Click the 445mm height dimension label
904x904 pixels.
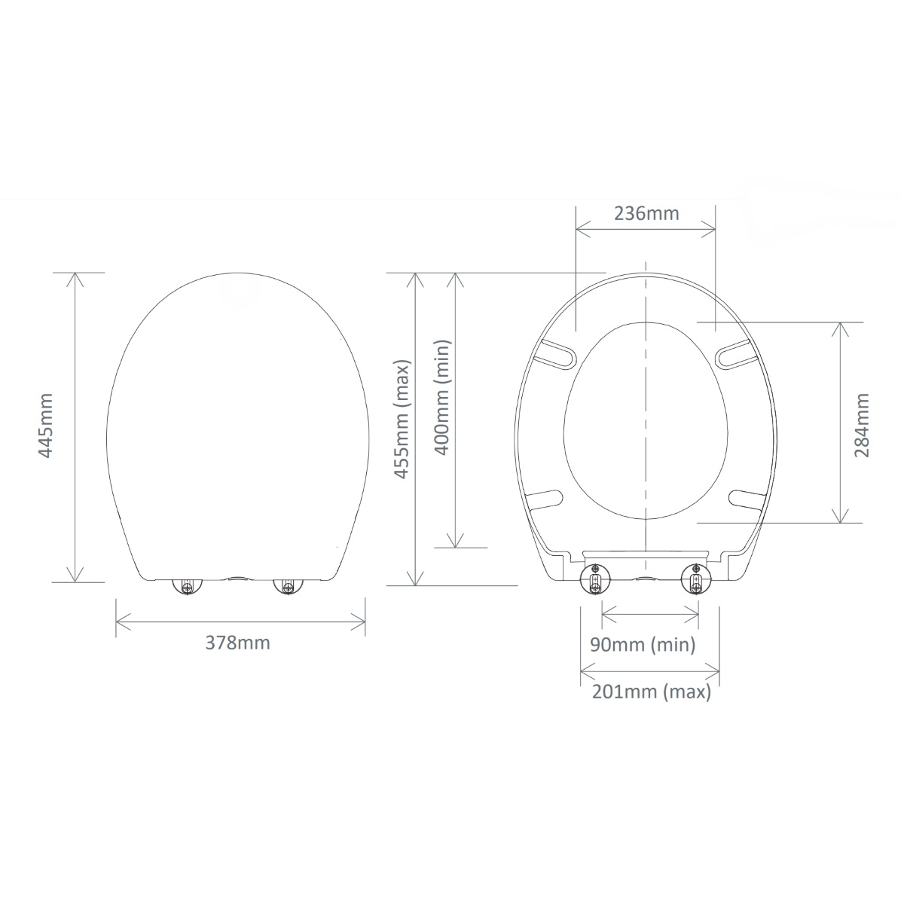click(46, 426)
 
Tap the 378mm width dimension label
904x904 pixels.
click(237, 643)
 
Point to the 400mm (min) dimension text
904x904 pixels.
click(442, 397)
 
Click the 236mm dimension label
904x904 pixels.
click(646, 213)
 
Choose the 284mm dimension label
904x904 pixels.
click(862, 425)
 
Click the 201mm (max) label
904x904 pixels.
click(651, 692)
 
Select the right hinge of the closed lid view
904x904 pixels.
click(286, 586)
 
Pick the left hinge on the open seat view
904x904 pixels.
click(596, 579)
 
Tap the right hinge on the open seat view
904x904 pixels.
click(695, 579)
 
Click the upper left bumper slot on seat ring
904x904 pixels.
click(557, 355)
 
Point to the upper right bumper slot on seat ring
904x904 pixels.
click(734, 355)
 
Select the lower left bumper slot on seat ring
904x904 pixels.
click(545, 499)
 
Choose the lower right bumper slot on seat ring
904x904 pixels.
click(748, 496)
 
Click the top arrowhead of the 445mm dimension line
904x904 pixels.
click(74, 277)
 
